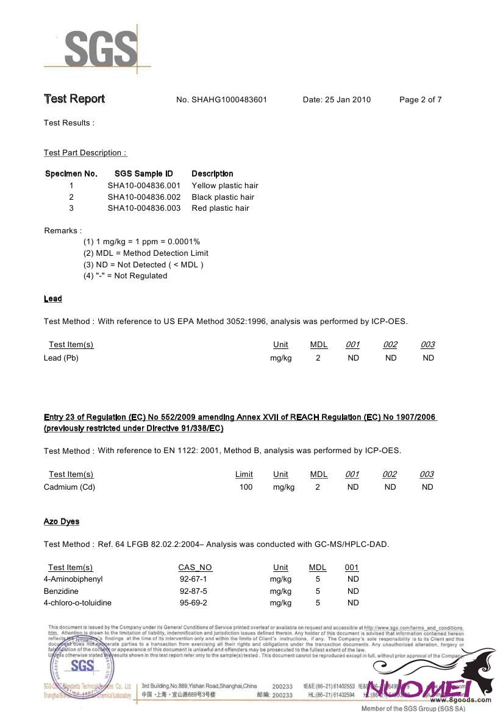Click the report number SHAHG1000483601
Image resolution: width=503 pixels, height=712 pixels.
coord(229,100)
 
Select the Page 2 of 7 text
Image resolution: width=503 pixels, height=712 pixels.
coord(420,100)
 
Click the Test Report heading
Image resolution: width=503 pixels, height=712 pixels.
coord(74,99)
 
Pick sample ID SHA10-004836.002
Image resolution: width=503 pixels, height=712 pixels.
coord(144,197)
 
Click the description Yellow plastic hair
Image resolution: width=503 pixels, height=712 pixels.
coord(225,186)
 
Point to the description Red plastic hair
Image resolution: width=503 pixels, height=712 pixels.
coord(220,208)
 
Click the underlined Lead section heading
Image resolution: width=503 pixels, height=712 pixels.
coord(53,298)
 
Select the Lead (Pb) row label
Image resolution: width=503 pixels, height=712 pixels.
coord(61,358)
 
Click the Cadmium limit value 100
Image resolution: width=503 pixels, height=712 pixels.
coord(246,487)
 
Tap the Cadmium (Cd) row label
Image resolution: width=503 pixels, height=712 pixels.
coord(70,487)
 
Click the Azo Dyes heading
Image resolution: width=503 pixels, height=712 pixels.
coord(62,521)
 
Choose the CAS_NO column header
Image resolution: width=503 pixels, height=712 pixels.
coord(195,568)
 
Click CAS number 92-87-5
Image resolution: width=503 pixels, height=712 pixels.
coord(193,591)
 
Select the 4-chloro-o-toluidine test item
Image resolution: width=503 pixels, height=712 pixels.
coord(77,603)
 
